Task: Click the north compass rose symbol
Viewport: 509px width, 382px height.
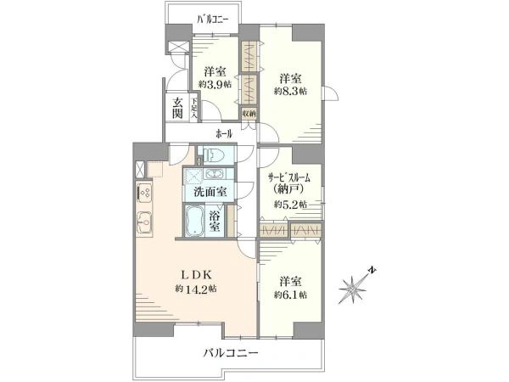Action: coord(354,289)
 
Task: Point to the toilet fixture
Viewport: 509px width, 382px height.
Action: coord(212,156)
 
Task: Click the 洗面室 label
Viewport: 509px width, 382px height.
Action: coord(209,192)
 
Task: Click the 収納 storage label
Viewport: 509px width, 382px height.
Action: coord(249,113)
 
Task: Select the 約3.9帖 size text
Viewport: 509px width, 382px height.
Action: coord(213,84)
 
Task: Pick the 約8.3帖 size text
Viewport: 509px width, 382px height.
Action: coord(290,90)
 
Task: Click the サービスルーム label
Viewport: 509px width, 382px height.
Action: coord(289,177)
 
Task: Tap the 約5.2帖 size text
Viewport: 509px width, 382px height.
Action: coord(290,205)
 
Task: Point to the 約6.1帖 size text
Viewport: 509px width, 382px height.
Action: coord(290,295)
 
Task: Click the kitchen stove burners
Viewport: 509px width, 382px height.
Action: coord(143,193)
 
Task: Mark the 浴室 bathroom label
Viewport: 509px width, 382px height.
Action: coord(215,222)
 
